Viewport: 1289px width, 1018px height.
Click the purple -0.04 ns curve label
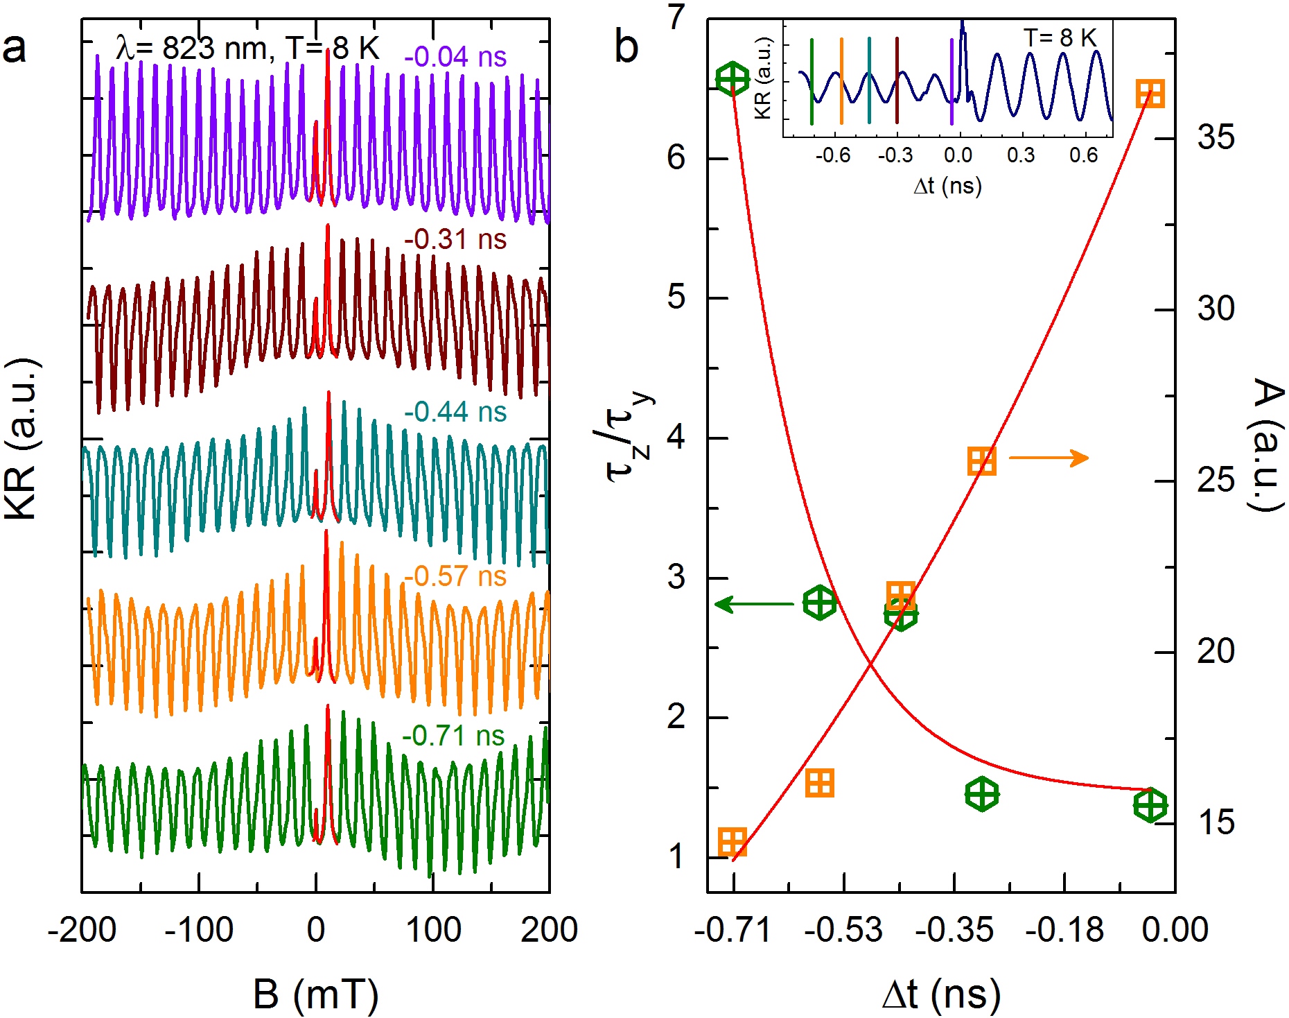(455, 57)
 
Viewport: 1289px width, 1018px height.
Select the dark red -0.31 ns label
(455, 240)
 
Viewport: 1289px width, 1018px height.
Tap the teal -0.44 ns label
(455, 412)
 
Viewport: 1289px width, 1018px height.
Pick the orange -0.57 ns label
(455, 576)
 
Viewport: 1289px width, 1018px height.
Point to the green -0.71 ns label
(453, 736)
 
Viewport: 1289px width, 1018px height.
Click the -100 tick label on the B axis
(199, 930)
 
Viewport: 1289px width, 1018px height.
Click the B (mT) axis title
(316, 994)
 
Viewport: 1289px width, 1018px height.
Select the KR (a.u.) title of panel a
(22, 439)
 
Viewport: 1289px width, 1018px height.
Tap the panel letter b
(626, 47)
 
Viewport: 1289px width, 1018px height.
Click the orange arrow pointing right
(1049, 458)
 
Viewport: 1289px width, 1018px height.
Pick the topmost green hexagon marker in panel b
(733, 78)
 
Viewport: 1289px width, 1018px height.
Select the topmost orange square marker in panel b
(1150, 94)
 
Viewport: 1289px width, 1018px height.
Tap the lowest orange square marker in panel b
(733, 842)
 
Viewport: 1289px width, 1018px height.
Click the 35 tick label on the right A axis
(1216, 137)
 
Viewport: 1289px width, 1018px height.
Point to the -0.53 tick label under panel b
(843, 930)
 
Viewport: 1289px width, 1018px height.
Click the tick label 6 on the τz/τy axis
(676, 158)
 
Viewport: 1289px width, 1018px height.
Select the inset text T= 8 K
(1060, 38)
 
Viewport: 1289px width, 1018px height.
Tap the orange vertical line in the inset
(841, 81)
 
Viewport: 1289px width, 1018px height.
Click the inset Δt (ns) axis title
(947, 186)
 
